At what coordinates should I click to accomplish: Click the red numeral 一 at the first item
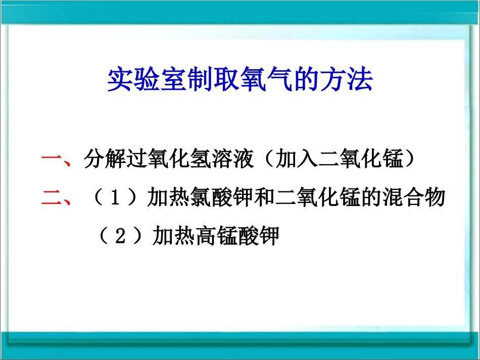click(52, 161)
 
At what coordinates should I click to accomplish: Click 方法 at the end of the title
click(351, 80)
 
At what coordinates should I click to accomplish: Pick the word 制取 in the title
click(205, 80)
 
